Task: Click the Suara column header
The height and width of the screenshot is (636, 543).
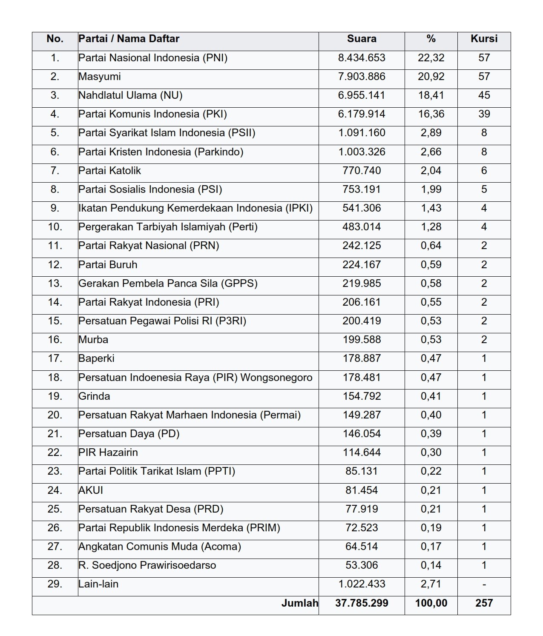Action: click(362, 39)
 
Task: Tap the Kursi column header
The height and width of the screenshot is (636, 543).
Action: click(484, 39)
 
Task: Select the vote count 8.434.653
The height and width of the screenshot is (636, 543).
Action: click(362, 58)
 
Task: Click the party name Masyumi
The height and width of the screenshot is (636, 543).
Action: click(100, 77)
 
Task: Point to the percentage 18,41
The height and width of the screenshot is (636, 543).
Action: click(431, 95)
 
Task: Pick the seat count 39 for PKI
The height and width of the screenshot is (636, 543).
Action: click(484, 114)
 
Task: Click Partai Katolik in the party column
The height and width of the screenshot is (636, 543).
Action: click(109, 171)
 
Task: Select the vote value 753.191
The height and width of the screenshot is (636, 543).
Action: click(362, 189)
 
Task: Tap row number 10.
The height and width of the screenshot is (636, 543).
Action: click(55, 227)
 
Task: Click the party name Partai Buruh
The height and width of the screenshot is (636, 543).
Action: click(108, 265)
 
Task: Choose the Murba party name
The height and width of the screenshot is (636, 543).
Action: click(93, 340)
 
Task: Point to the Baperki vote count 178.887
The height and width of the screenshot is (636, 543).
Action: click(362, 358)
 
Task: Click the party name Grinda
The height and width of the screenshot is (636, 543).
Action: click(94, 396)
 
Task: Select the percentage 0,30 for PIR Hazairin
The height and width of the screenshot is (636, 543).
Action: click(431, 453)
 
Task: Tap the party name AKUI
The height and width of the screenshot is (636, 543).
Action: click(91, 490)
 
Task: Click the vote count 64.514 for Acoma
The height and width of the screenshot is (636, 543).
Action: click(362, 547)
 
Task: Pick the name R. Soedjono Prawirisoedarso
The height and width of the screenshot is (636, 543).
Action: click(147, 565)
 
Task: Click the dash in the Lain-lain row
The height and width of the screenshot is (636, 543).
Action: click(484, 584)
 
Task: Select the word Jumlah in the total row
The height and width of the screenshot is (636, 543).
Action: click(300, 603)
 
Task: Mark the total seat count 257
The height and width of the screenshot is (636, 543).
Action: click(484, 603)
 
